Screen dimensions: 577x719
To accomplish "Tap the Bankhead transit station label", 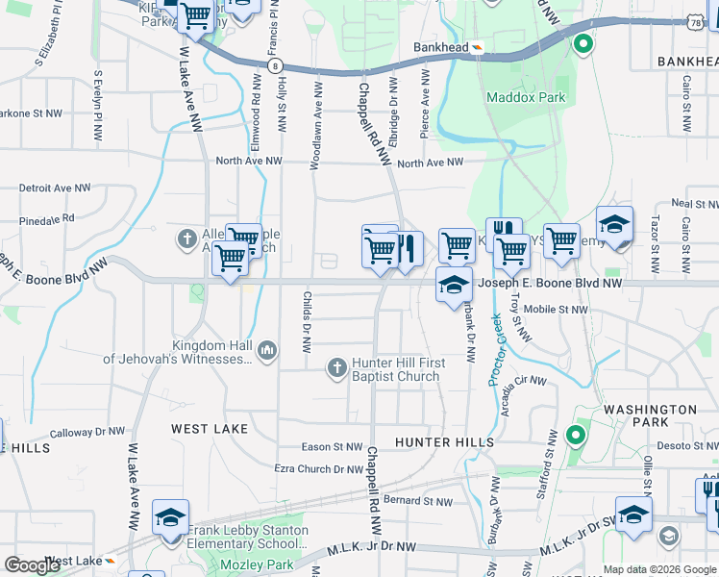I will click(x=440, y=47).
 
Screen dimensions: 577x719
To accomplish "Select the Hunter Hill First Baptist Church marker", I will click(x=336, y=365).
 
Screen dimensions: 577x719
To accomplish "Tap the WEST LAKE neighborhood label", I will click(x=210, y=428).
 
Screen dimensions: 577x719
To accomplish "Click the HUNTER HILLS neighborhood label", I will click(x=445, y=442).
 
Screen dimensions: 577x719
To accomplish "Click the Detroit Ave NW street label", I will click(x=54, y=188).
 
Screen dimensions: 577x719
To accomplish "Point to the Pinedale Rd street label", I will click(x=39, y=220).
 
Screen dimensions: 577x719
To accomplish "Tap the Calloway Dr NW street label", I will click(x=84, y=434).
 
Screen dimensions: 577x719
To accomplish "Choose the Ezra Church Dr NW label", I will click(x=319, y=468).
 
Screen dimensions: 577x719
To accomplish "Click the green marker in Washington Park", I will click(x=575, y=436).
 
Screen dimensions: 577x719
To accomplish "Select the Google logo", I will click(x=32, y=565).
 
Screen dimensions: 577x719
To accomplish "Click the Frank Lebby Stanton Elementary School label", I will click(x=248, y=537).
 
